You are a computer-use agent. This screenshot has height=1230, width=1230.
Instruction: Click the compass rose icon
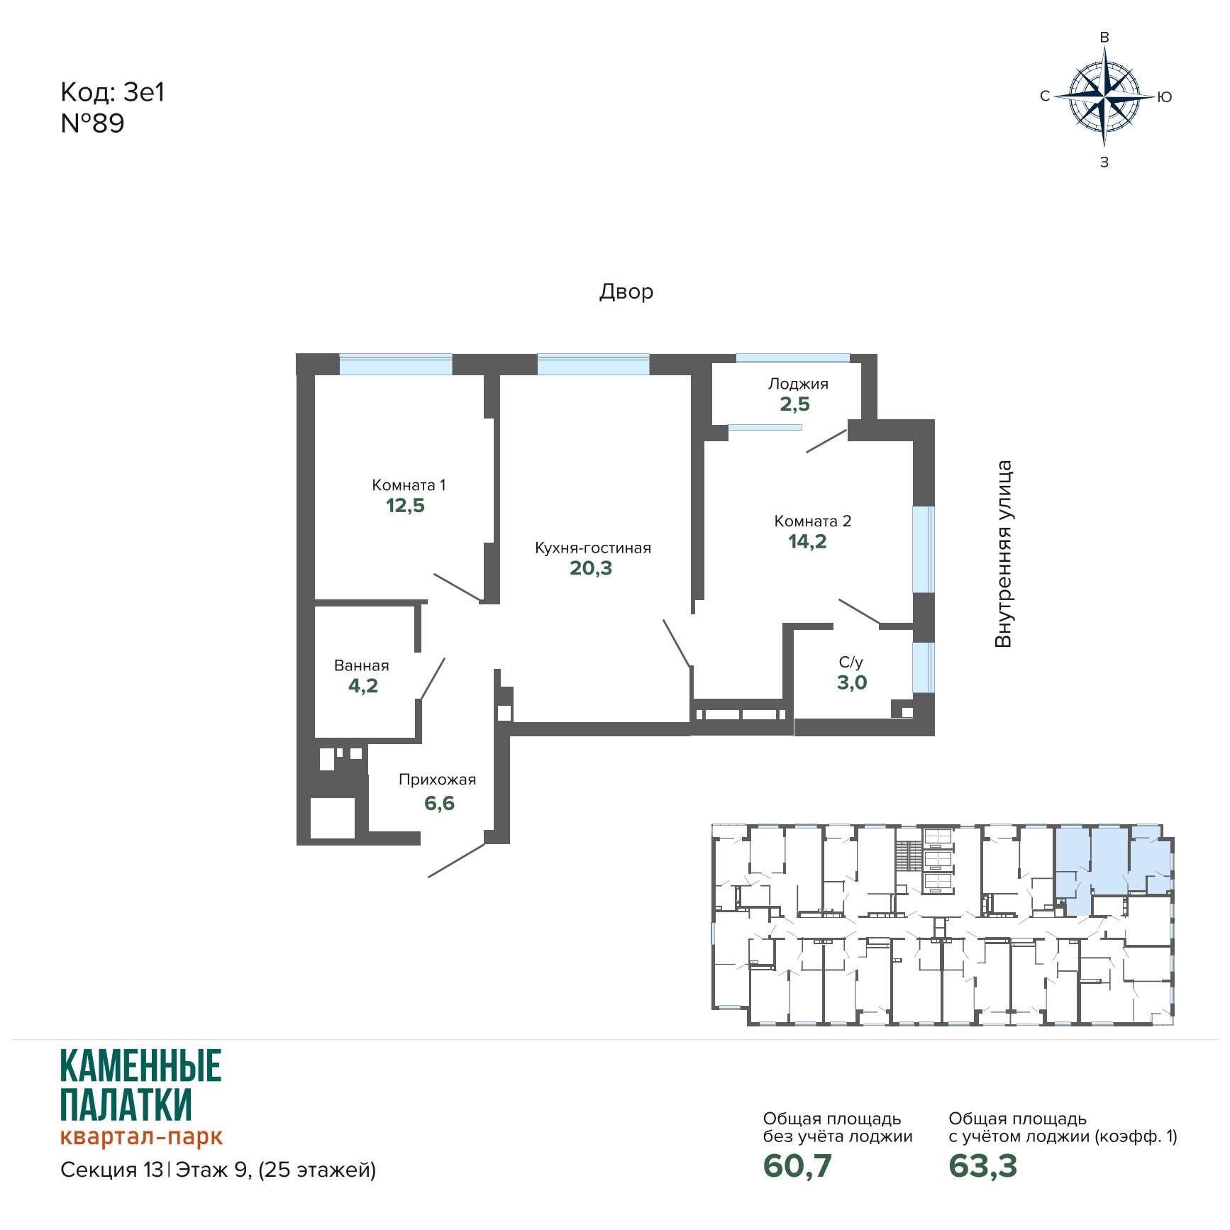[1104, 96]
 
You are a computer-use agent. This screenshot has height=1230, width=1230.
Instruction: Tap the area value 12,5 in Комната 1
[405, 505]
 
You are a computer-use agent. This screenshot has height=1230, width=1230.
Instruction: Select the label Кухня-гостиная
[593, 548]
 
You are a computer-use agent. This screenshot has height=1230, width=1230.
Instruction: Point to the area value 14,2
[807, 541]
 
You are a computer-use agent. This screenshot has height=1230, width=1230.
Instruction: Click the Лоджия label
[798, 384]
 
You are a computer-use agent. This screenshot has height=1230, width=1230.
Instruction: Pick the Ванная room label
[362, 665]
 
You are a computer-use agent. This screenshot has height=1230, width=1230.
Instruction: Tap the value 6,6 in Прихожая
[439, 803]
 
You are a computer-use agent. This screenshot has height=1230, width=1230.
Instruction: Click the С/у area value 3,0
[852, 682]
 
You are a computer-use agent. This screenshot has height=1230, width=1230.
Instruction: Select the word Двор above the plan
[626, 292]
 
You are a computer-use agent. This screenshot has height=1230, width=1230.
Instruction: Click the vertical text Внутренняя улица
[1003, 554]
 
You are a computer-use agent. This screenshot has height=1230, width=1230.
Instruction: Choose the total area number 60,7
[797, 1165]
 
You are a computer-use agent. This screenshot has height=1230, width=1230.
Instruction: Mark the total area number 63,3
[983, 1165]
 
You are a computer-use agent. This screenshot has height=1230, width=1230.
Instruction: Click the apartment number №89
[93, 123]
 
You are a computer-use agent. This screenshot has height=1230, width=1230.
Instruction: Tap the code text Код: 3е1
[113, 92]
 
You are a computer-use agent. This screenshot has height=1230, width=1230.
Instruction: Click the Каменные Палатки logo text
[141, 1085]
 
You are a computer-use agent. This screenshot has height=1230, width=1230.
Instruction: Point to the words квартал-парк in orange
[141, 1136]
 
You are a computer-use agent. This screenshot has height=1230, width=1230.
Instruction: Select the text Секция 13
[112, 1170]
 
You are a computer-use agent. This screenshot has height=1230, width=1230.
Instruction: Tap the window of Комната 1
[395, 364]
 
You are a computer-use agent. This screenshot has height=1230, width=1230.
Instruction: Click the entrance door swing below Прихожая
[456, 860]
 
